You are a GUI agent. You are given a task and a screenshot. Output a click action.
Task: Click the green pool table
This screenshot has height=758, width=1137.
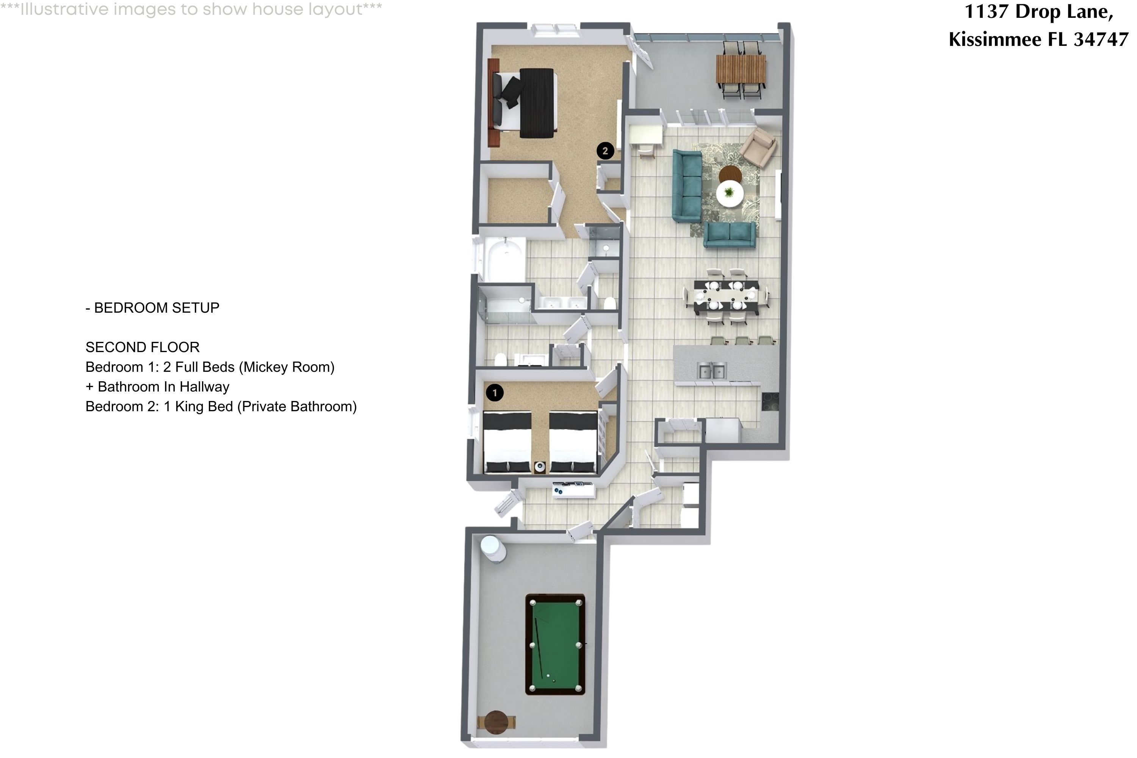555,644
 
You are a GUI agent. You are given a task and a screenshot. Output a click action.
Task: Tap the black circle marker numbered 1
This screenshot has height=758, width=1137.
494,393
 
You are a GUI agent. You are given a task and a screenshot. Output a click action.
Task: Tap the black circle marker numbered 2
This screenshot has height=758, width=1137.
605,151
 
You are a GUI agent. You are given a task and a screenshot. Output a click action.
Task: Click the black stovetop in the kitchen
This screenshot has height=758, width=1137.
770,402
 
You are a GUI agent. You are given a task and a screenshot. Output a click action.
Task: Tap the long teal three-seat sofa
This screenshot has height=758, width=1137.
687,186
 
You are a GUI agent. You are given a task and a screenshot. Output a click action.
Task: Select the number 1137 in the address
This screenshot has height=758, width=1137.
986,12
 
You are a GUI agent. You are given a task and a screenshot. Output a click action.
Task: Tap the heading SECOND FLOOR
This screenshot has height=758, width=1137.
142,347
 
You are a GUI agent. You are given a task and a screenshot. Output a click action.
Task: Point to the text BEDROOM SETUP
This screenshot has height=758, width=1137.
156,307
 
